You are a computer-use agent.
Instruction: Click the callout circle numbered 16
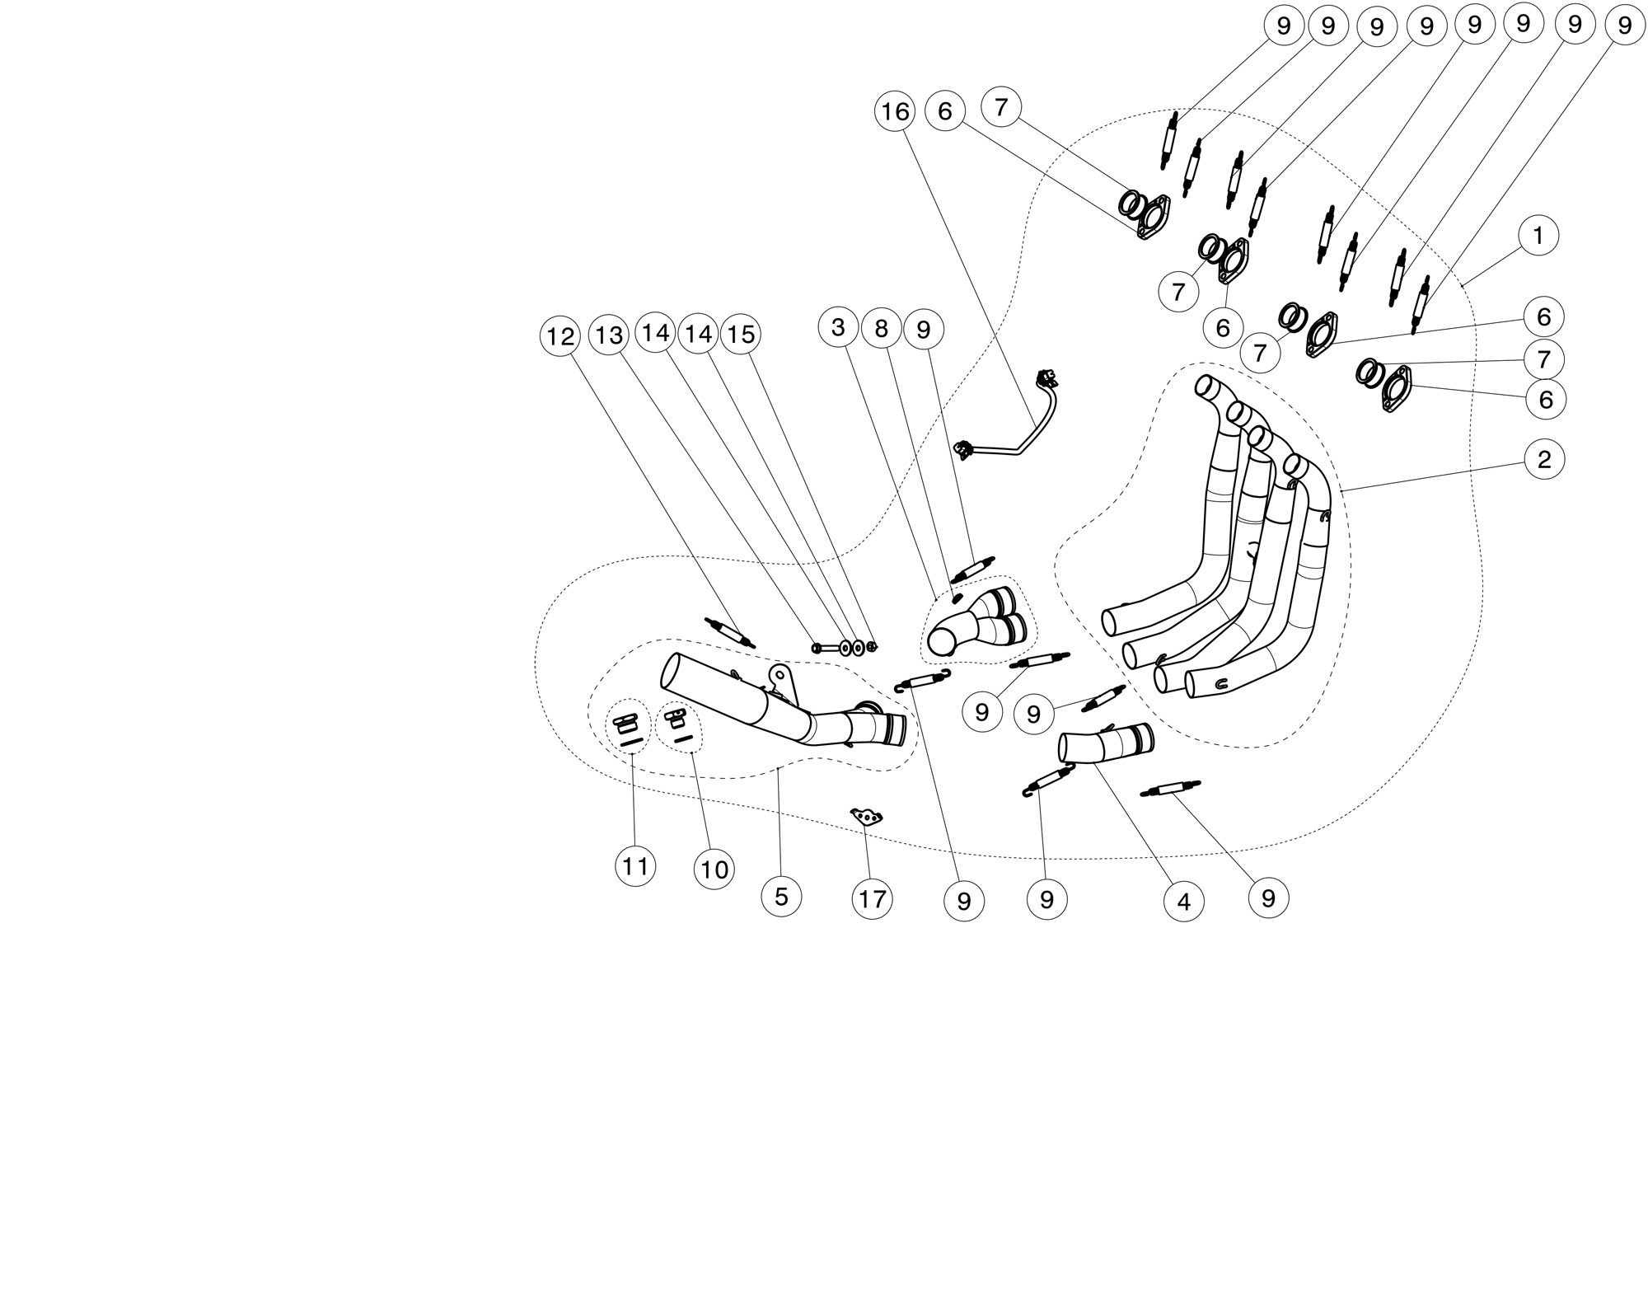tap(896, 111)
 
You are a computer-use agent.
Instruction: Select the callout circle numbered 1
tap(1538, 237)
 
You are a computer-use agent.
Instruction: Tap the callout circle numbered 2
tap(1544, 459)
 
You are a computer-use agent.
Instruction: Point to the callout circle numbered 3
tap(839, 327)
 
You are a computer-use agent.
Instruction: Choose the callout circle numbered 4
tap(1184, 902)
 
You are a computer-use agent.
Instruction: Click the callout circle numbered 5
tap(782, 896)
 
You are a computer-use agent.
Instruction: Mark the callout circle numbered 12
tap(560, 336)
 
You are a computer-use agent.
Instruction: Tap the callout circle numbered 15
tap(741, 334)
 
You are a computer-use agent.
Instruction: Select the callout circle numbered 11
tap(635, 866)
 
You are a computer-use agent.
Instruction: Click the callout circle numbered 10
tap(714, 869)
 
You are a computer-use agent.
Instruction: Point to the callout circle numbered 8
tap(882, 329)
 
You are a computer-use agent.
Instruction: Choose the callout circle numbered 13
tap(610, 335)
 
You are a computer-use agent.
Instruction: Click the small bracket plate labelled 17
tap(867, 817)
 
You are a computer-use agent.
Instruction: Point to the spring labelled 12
tap(730, 632)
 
